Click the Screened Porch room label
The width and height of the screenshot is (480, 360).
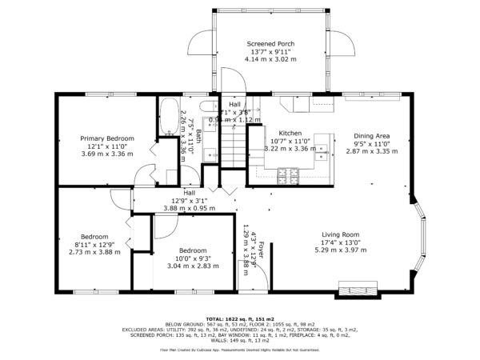click(270, 43)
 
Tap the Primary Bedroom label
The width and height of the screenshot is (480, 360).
click(107, 138)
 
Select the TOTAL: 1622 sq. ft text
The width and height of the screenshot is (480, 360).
click(239, 318)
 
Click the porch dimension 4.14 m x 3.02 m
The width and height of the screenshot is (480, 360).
click(270, 59)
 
